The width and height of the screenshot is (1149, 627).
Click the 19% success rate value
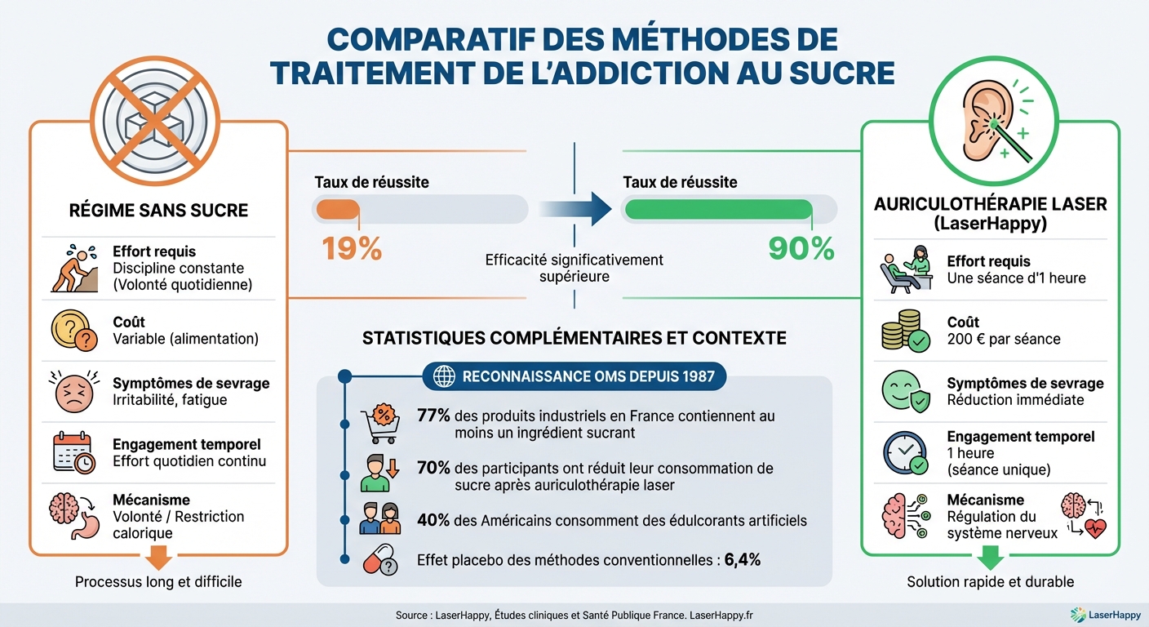point(352,247)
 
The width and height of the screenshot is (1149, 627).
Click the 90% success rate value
point(801,247)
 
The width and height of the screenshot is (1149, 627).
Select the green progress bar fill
point(717,209)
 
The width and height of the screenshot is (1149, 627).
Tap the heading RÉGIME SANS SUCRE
point(158,211)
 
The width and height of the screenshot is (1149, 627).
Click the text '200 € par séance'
point(1004,339)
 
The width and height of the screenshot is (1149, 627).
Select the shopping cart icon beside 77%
point(380,424)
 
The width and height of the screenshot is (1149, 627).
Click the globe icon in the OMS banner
point(445,377)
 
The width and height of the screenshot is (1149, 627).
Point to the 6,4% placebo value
point(743,560)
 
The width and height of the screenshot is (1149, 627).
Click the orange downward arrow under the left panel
point(158,558)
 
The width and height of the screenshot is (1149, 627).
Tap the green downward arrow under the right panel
point(990,558)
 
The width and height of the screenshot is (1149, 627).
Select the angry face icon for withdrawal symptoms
point(73,392)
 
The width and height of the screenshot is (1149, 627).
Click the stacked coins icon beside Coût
point(904,332)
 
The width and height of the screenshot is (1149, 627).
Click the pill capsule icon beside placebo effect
point(380,561)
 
